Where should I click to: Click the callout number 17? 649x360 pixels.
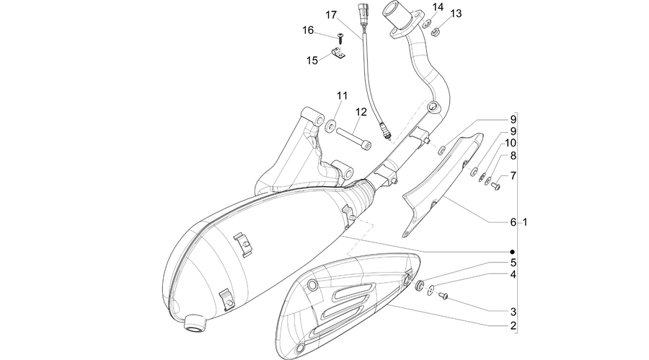pyautogui.click(x=331, y=15)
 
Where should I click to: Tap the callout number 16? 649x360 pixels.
pyautogui.click(x=308, y=30)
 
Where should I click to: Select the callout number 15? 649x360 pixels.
pyautogui.click(x=312, y=61)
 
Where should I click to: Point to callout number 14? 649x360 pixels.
pyautogui.click(x=438, y=7)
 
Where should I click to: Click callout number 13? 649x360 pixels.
pyautogui.click(x=456, y=14)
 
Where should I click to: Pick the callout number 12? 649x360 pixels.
pyautogui.click(x=361, y=112)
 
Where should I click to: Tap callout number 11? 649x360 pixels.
pyautogui.click(x=342, y=96)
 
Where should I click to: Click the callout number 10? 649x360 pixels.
pyautogui.click(x=511, y=143)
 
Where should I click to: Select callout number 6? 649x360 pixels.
pyautogui.click(x=513, y=222)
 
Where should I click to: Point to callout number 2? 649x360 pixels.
pyautogui.click(x=513, y=325)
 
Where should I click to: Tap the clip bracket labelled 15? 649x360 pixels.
pyautogui.click(x=337, y=54)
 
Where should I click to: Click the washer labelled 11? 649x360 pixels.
pyautogui.click(x=330, y=126)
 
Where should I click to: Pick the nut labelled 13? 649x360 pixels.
pyautogui.click(x=435, y=31)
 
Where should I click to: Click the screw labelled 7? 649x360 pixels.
pyautogui.click(x=495, y=187)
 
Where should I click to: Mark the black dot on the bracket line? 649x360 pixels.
pyautogui.click(x=513, y=252)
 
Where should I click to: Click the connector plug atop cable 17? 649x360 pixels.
pyautogui.click(x=362, y=14)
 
